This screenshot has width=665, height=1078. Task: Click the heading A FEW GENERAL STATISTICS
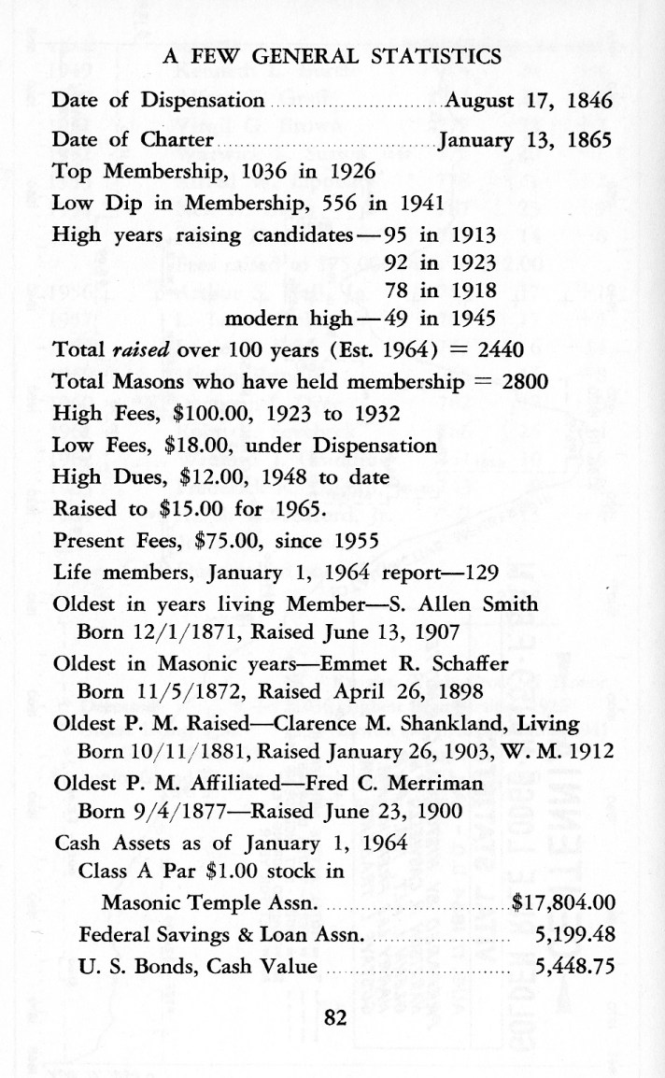click(332, 57)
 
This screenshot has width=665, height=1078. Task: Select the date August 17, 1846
click(530, 100)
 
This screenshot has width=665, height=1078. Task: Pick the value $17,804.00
click(563, 903)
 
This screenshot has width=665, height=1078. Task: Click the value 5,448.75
click(575, 967)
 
